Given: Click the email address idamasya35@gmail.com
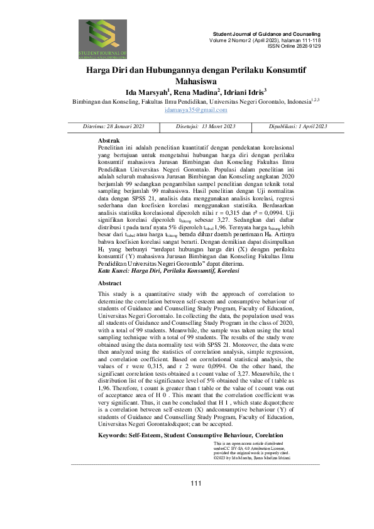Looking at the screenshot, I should pos(187,110).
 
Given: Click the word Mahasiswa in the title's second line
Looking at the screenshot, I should pos(187,81).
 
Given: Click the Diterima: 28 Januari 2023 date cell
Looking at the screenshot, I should pos(114,126).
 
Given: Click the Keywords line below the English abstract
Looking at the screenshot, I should pos(182,400).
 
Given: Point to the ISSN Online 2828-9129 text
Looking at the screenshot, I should pos(294,46).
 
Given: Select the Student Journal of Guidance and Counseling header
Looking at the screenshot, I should pos(267,33).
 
